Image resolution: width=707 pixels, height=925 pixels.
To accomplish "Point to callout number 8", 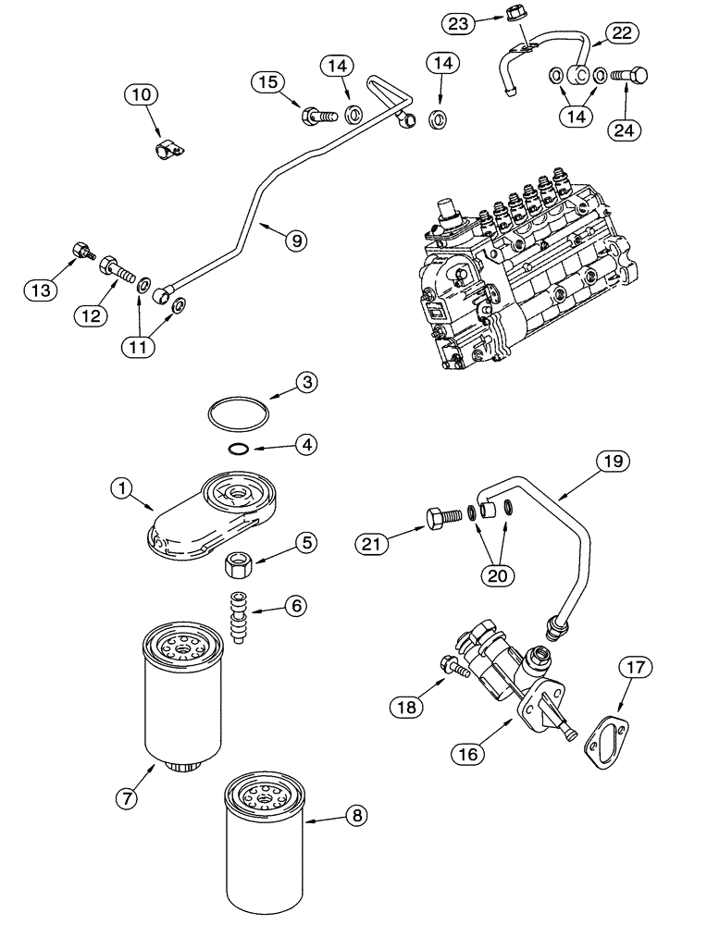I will pyautogui.click(x=355, y=814).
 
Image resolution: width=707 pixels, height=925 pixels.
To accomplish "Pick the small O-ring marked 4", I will pyautogui.click(x=238, y=450).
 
